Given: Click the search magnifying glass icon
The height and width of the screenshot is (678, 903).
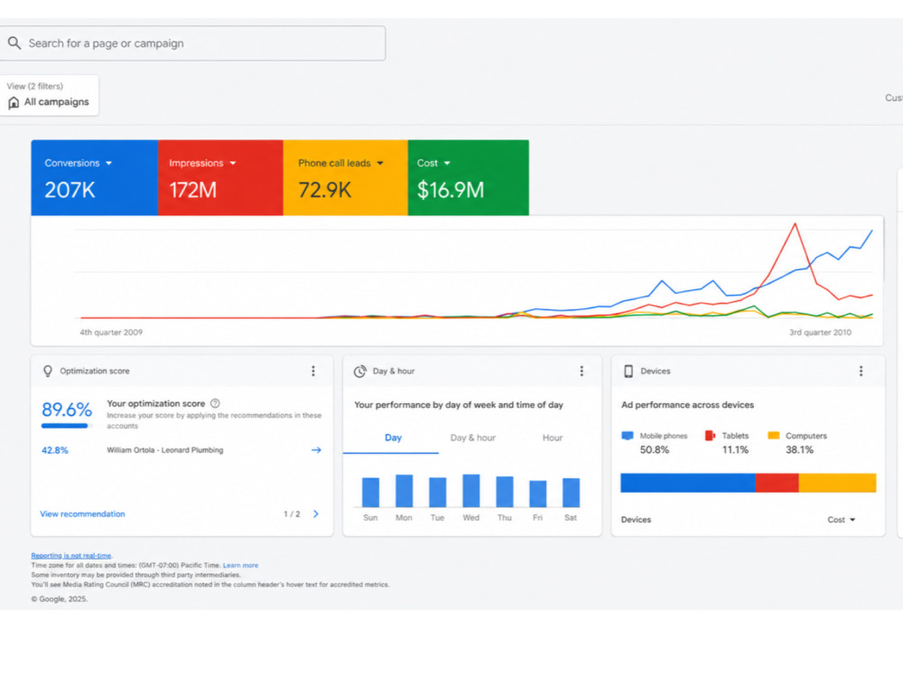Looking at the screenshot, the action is coord(14,43).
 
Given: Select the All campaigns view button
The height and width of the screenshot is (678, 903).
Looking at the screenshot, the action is coord(50,96).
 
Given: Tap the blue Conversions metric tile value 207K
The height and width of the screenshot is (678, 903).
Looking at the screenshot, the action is coord(70,190).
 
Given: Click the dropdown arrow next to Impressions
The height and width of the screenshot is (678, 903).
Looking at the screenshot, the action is coord(233,163).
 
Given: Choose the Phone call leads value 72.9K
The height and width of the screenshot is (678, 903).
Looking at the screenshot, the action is coord(324,190).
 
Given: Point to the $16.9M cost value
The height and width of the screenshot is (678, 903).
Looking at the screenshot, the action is coord(451,190).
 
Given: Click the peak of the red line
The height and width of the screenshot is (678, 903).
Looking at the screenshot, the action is coord(796,223).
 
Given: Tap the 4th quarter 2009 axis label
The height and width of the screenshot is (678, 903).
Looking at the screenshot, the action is coord(111,332).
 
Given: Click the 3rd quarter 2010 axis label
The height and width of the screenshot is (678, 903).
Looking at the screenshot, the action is coord(820,332).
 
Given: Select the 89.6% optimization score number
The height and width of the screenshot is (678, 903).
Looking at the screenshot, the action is coord(67,410).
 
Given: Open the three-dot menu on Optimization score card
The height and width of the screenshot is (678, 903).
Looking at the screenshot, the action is coord(313,371).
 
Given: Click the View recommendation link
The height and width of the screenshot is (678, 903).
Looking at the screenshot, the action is coord(82,513).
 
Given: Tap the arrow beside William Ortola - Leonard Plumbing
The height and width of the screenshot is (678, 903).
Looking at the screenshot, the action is coord(316,449).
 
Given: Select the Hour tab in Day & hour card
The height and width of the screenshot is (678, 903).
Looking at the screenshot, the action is coord(553,438).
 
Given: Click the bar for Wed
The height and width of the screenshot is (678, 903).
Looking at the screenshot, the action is coord(471,491).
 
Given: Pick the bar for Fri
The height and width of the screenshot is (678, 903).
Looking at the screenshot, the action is coord(538,494).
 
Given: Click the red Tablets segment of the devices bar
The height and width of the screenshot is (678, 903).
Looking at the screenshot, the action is coord(777,483).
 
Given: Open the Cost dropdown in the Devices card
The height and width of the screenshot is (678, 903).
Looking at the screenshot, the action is coord(842,520).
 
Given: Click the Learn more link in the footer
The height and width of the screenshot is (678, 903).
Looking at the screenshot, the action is coord(241,565).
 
